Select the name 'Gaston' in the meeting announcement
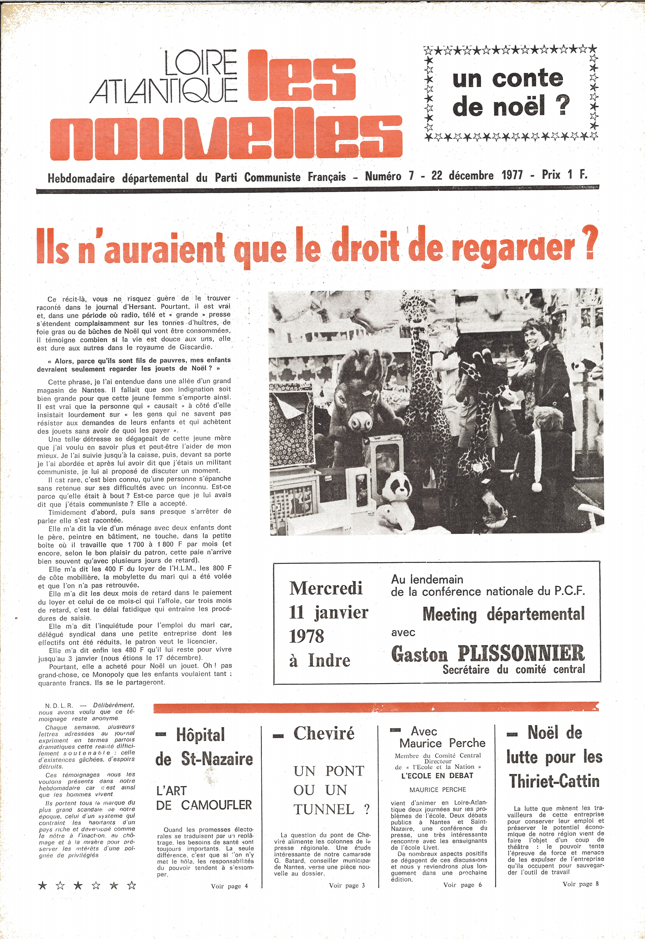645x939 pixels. [420, 654]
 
